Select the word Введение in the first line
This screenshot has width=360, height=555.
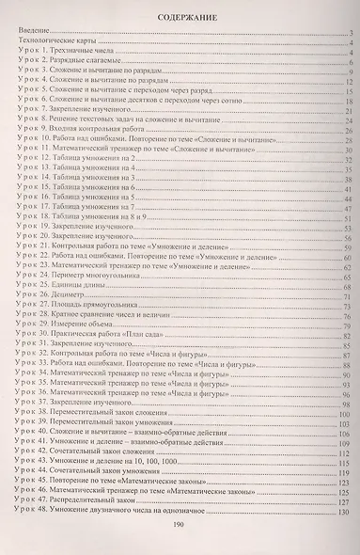(35, 34)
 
